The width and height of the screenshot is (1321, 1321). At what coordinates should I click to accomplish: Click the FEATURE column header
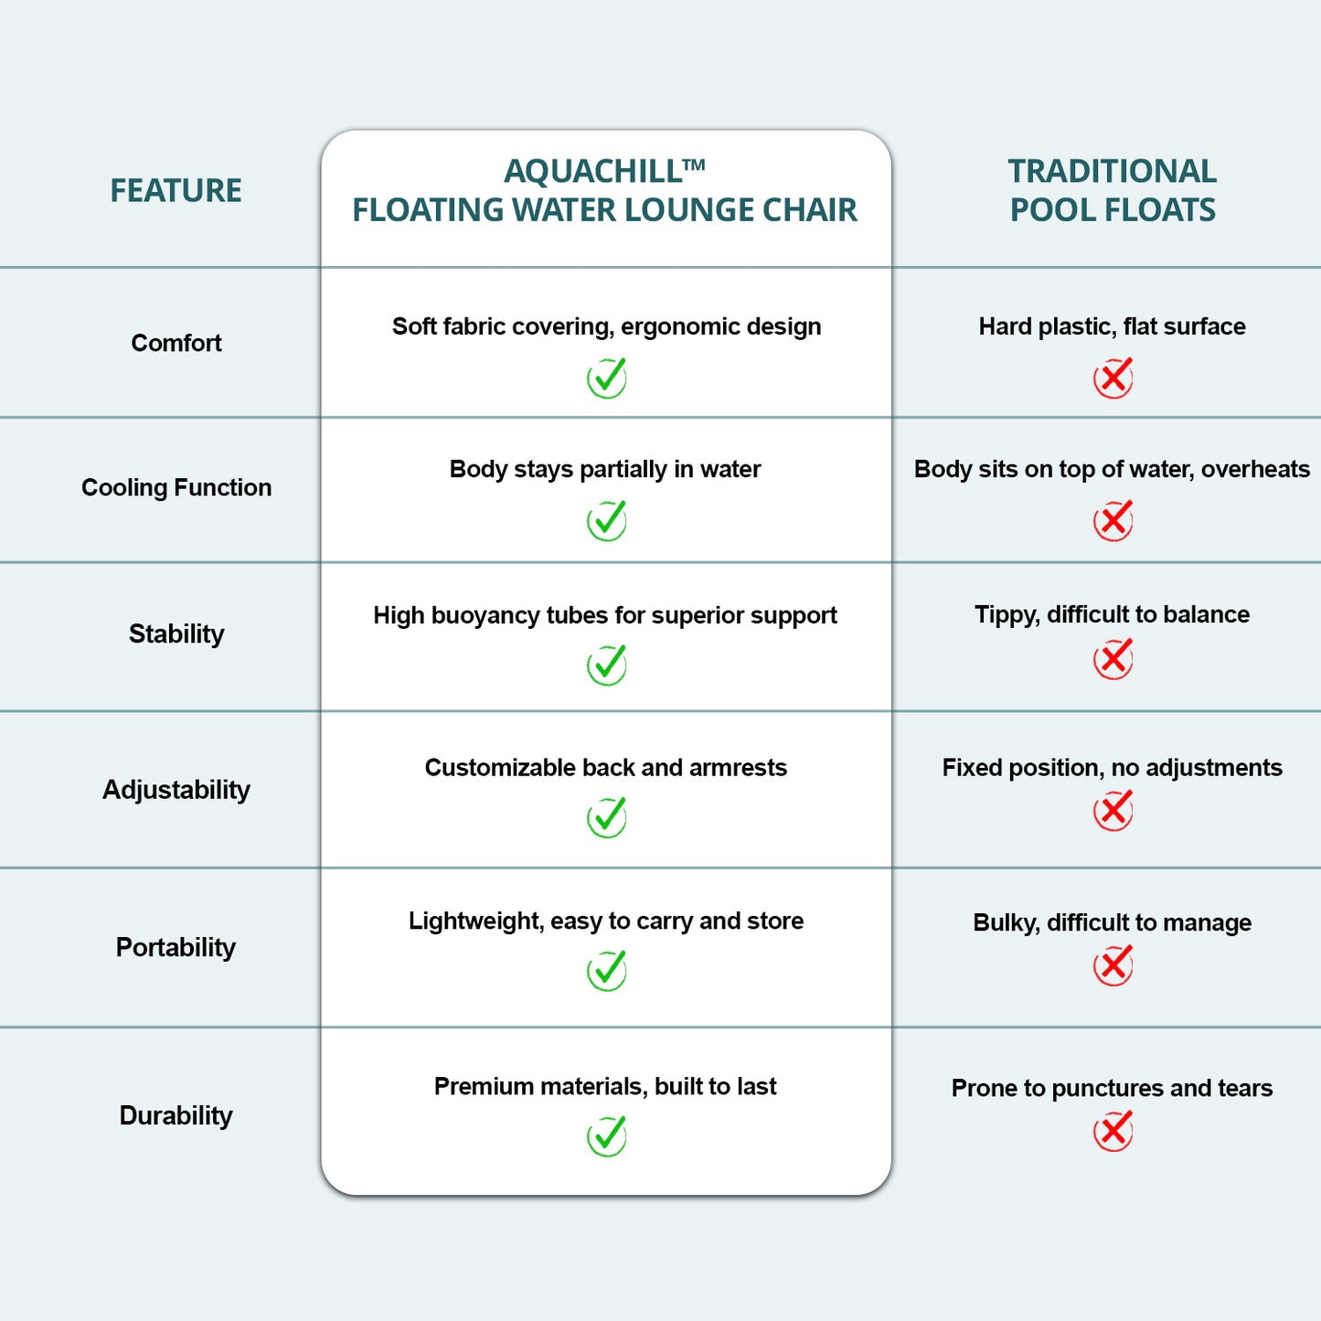click(x=176, y=190)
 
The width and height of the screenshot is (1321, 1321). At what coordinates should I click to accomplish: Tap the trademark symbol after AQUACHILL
click(x=694, y=165)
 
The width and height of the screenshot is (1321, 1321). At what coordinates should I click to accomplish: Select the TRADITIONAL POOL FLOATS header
click(x=1112, y=190)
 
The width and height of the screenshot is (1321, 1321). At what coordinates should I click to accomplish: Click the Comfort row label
click(x=176, y=343)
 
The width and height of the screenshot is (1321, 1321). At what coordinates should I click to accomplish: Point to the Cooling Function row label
click(x=176, y=487)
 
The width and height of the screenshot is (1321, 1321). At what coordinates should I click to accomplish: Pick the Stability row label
click(x=176, y=634)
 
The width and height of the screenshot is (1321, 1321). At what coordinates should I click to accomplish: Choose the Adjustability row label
click(x=176, y=790)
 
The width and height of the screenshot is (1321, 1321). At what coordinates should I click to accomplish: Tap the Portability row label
click(x=176, y=947)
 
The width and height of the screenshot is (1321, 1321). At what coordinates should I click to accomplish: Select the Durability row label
click(x=176, y=1115)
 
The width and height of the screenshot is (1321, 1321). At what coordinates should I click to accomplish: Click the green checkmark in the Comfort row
click(x=607, y=378)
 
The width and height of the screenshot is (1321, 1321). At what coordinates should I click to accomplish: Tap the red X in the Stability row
click(x=1113, y=659)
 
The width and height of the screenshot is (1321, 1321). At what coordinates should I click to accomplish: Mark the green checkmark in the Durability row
click(x=607, y=1136)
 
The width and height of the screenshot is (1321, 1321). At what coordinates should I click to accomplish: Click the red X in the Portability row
click(x=1113, y=965)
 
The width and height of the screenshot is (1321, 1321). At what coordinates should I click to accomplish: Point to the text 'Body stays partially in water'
click(x=605, y=470)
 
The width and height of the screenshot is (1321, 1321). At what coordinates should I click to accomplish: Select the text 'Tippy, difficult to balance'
click(x=1112, y=615)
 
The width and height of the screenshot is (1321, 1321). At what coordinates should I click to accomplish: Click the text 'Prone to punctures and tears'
click(x=1112, y=1089)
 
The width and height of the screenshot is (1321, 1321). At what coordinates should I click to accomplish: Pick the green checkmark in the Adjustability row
click(x=607, y=817)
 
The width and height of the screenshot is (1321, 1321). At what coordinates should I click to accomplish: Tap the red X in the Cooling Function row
click(x=1113, y=520)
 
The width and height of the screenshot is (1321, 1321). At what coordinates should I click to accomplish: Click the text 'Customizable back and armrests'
click(x=606, y=768)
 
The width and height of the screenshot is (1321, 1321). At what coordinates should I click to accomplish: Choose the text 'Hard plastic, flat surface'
click(x=1112, y=327)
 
